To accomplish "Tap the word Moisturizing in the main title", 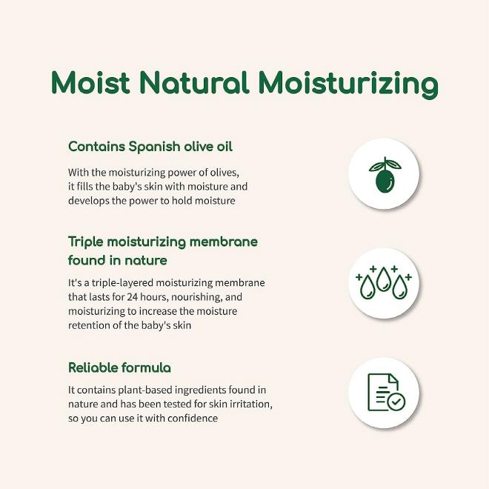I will [348, 84].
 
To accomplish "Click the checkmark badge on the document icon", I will [396, 401].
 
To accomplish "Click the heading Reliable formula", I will [119, 367].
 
